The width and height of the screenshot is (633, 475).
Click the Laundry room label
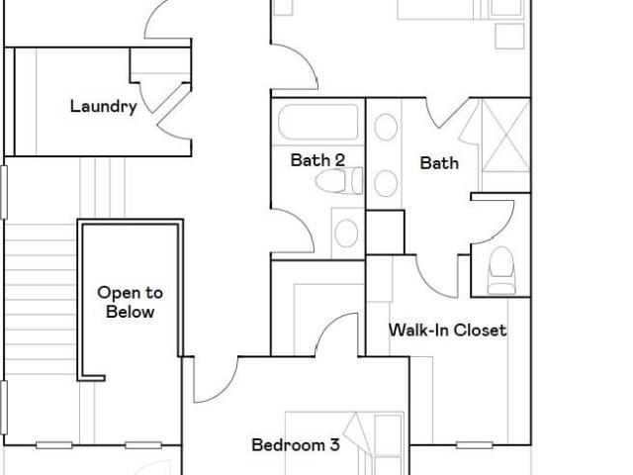pyautogui.click(x=103, y=107)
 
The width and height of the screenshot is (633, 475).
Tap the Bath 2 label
pyautogui.click(x=317, y=160)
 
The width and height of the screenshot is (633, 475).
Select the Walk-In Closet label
pyautogui.click(x=447, y=330)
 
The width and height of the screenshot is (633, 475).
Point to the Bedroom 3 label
pyautogui.click(x=296, y=445)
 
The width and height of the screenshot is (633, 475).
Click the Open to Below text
pyautogui.click(x=130, y=302)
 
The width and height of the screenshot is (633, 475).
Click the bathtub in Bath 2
pyautogui.click(x=318, y=123)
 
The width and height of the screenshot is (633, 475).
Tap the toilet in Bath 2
pyautogui.click(x=339, y=181)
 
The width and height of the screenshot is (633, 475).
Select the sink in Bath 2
pyautogui.click(x=346, y=234)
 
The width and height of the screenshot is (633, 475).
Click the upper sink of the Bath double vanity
pyautogui.click(x=386, y=128)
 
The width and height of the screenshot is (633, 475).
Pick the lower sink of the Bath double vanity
pyautogui.click(x=386, y=183)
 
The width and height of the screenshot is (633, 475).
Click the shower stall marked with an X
pyautogui.click(x=505, y=136)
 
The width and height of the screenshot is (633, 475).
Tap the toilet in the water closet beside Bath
pyautogui.click(x=501, y=270)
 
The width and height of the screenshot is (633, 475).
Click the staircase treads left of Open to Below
pyautogui.click(x=41, y=300)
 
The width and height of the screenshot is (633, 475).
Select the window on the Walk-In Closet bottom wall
pyautogui.click(x=475, y=445)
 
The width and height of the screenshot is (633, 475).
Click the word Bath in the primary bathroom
pyautogui.click(x=439, y=163)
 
